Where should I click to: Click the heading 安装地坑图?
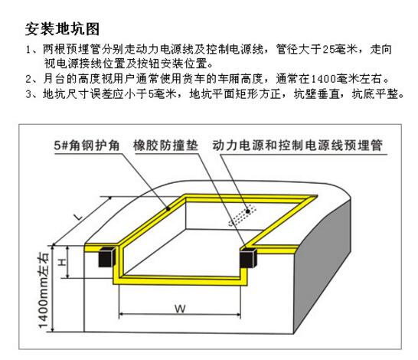click(62, 29)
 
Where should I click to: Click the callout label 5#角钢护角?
click(87, 146)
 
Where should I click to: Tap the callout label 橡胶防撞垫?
click(165, 146)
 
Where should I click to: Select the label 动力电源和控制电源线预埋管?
click(297, 146)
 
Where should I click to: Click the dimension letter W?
click(180, 309)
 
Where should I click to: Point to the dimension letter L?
click(79, 217)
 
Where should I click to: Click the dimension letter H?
click(62, 263)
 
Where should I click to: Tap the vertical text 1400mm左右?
click(44, 290)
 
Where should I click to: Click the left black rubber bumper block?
click(107, 257)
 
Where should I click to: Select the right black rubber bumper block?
click(248, 258)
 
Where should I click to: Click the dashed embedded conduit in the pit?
click(242, 215)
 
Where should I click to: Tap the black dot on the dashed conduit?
click(247, 211)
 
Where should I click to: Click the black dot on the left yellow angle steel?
click(168, 209)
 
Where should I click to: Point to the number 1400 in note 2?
click(323, 79)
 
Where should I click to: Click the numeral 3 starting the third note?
click(28, 94)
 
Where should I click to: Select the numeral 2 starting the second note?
click(28, 79)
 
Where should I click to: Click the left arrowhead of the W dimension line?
click(120, 315)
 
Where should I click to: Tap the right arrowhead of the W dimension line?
click(239, 315)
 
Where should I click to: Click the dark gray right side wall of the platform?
click(322, 267)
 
